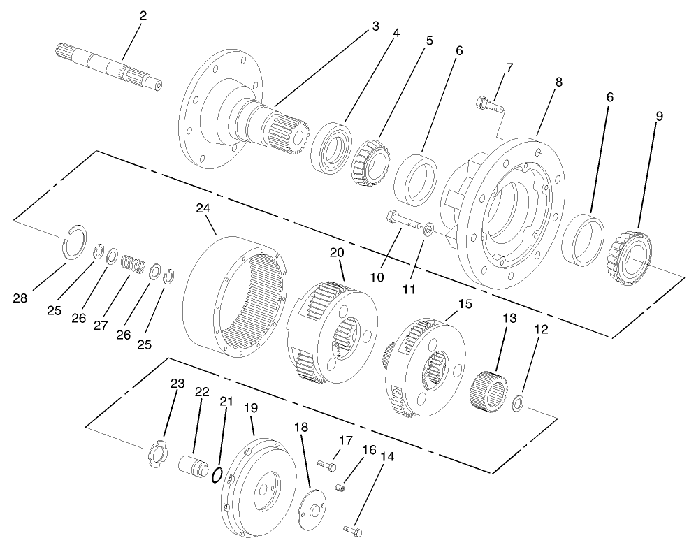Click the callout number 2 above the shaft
click(x=143, y=16)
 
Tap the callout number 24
click(x=203, y=208)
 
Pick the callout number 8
click(x=558, y=82)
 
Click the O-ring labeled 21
click(x=217, y=476)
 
